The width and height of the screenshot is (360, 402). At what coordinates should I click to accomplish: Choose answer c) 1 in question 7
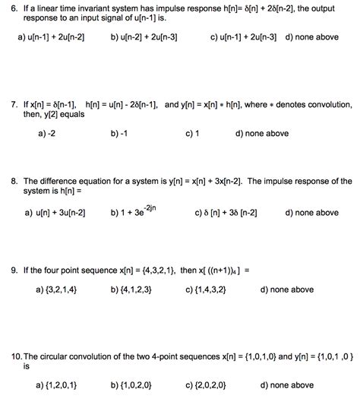click(x=193, y=133)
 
